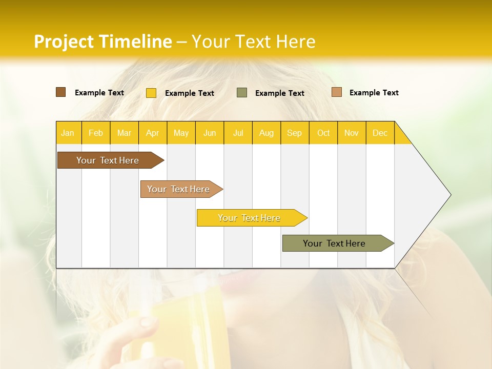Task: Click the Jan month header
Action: coord(68,133)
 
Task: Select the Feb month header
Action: coord(96,133)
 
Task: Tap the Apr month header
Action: coord(152,133)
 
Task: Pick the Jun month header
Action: coord(210,133)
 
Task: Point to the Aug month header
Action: coord(266,133)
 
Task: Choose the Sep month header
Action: coord(294,133)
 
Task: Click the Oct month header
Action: coord(323,133)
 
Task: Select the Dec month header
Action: coord(380,133)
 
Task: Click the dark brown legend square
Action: coord(60,92)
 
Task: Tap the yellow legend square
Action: coord(151,93)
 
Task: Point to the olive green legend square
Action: coord(242,93)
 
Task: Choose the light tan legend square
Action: coord(336,92)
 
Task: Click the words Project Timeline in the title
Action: coord(102,42)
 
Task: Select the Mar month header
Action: coord(124,133)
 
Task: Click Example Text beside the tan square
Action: coord(374,93)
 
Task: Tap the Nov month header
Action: coord(352,133)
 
